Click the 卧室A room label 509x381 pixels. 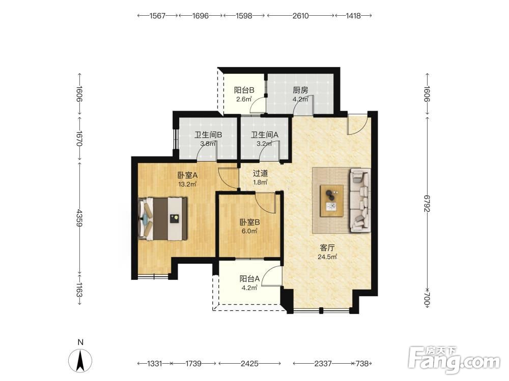point(188,175)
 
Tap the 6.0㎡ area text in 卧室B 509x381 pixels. point(249,231)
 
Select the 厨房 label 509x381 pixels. point(300,90)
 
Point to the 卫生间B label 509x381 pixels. point(208,135)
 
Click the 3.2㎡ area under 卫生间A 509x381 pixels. point(264,144)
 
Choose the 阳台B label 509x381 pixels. point(244,90)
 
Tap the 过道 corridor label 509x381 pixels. point(260,173)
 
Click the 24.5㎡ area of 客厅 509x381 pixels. point(327,257)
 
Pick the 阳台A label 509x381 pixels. point(249,278)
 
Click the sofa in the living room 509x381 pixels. point(360,200)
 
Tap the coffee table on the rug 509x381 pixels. point(332,201)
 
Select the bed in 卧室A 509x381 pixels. point(163,219)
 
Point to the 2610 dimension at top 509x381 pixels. point(301,16)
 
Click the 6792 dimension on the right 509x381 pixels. point(427,204)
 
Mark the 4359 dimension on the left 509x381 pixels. point(79,218)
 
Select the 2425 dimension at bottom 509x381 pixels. point(249,364)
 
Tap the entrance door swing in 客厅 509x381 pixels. point(358,125)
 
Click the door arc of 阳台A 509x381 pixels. point(270,276)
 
